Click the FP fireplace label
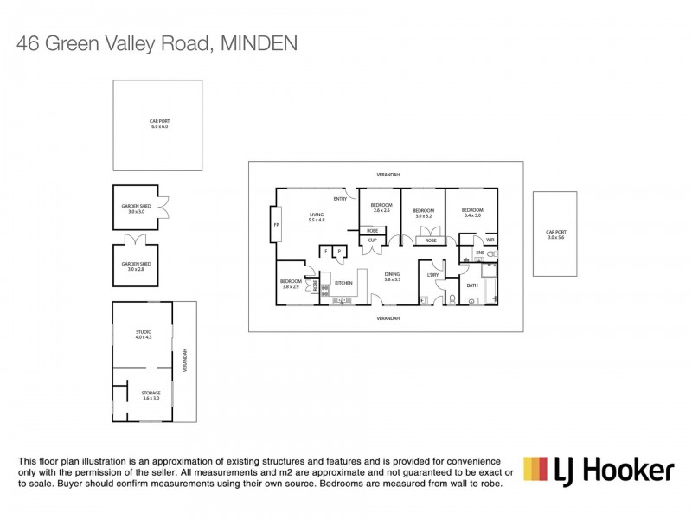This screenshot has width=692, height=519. click(x=277, y=224)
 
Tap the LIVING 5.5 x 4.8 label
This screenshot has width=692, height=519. click(x=317, y=218)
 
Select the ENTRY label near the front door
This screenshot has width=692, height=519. click(x=340, y=199)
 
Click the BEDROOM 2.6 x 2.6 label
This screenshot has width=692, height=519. click(x=382, y=208)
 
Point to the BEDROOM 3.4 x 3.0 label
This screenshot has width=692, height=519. click(x=471, y=211)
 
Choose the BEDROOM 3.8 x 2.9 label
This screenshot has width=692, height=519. click(x=290, y=283)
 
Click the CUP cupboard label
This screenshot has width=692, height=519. click(x=372, y=240)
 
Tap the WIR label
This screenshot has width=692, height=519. click(x=490, y=240)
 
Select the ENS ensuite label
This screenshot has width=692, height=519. click(x=479, y=253)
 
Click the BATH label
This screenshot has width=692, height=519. click(x=472, y=285)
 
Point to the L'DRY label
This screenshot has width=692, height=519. click(x=434, y=275)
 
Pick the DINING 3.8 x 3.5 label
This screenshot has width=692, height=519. click(x=394, y=277)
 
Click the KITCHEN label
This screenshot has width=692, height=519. click(x=343, y=283)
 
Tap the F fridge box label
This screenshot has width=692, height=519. click(x=327, y=252)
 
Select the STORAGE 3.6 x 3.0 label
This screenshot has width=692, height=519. click(x=151, y=395)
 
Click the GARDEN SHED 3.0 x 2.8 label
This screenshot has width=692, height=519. click(x=136, y=266)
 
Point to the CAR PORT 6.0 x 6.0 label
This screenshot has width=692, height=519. click(x=157, y=125)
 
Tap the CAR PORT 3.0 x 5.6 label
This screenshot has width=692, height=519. click(x=554, y=234)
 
